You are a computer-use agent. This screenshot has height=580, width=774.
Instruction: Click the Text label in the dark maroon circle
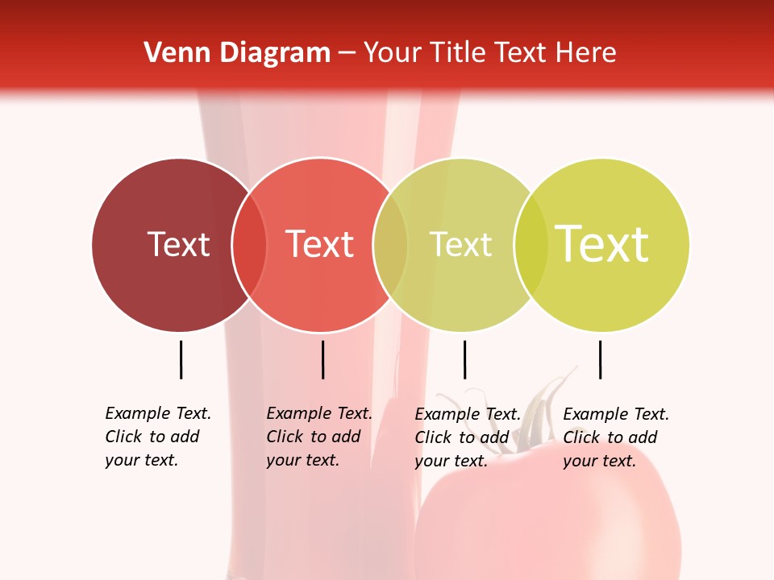(178, 244)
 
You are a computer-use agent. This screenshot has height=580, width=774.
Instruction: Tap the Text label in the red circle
(320, 244)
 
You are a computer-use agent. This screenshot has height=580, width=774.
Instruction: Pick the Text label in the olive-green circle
(460, 244)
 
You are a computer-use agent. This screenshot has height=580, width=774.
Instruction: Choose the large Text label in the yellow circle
(602, 244)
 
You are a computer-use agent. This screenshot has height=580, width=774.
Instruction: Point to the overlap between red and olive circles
(390, 245)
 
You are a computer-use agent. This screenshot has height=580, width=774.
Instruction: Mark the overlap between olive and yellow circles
(531, 245)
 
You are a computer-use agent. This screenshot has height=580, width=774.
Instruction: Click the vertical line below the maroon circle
(181, 359)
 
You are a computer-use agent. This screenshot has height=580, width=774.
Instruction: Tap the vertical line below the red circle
(322, 359)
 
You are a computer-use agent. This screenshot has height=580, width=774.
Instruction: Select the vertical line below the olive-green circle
(464, 359)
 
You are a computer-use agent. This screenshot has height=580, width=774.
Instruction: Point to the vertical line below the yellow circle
(600, 359)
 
